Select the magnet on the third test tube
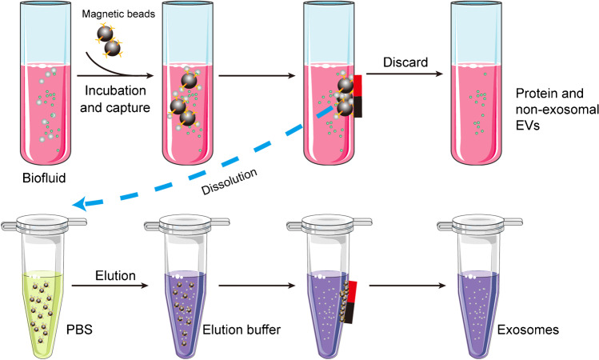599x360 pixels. tap(358, 96)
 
